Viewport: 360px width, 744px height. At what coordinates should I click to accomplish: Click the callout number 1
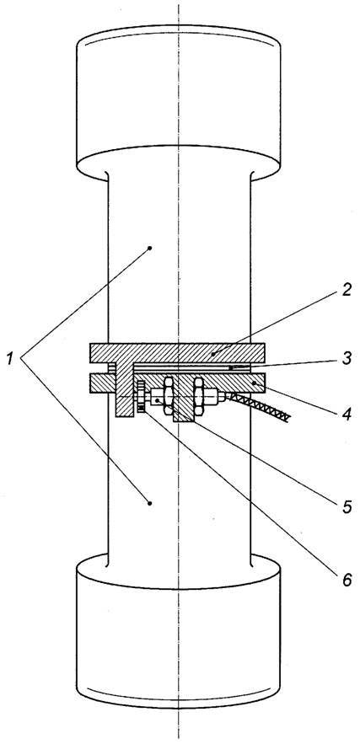[9, 359]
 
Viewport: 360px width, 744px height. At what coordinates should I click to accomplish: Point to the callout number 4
[347, 415]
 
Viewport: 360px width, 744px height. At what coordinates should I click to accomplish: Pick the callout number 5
[347, 506]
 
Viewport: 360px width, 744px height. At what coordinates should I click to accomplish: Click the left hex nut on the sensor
[168, 396]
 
